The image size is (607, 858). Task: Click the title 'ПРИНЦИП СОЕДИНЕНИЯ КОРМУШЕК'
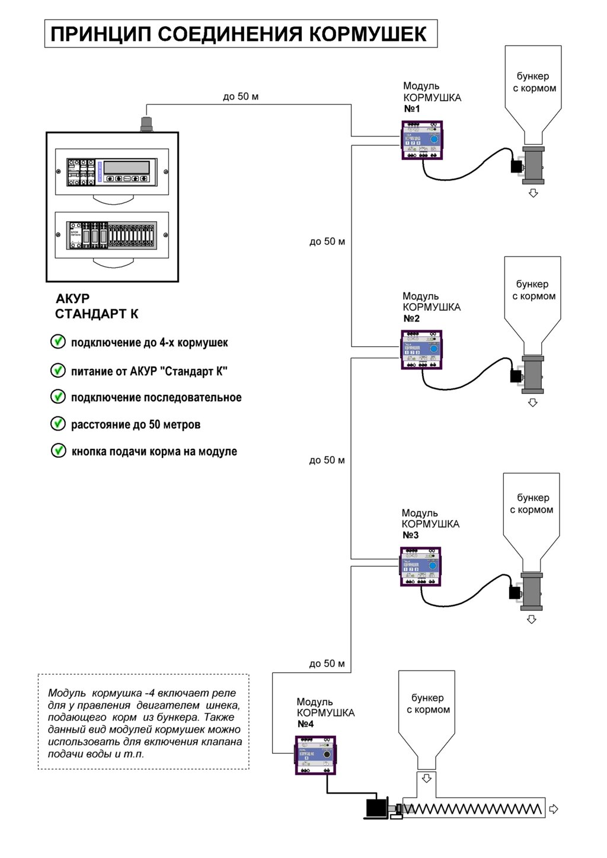pos(239,34)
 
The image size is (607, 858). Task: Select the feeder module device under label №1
pos(422,140)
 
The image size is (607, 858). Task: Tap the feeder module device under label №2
pos(421,350)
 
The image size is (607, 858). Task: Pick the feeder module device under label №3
pos(421,566)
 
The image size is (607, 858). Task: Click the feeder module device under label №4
pos(315,755)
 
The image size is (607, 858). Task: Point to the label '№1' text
pos(412,109)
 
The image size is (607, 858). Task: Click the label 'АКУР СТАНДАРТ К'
pos(96,306)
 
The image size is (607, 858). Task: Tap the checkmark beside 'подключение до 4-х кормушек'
pos(58,342)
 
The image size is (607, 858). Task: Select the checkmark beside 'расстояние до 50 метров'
pos(58,423)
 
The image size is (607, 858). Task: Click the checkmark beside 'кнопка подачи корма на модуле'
pos(58,450)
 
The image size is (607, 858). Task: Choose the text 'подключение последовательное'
pos(156,397)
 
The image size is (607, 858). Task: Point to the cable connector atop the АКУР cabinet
pos(146,123)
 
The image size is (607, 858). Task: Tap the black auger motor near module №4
pos(376,807)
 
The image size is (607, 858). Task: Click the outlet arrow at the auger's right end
pos(554,809)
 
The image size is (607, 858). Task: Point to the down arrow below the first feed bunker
pos(533,193)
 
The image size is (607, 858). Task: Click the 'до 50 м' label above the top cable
pos(240,96)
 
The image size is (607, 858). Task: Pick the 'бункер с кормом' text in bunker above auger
pos(428,703)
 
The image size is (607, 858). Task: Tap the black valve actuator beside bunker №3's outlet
pos(515,592)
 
